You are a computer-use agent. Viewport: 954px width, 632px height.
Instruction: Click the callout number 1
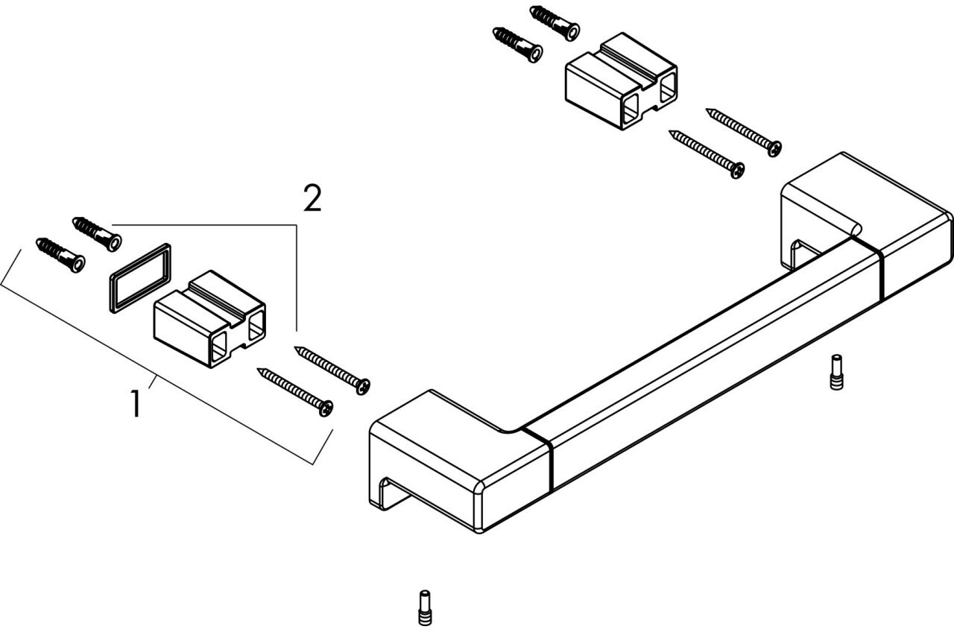tap(135, 403)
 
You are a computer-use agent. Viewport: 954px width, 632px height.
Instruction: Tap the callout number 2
tap(312, 199)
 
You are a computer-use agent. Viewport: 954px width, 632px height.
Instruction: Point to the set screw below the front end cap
tap(424, 607)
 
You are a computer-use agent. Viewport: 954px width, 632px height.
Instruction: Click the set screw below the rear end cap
tap(835, 371)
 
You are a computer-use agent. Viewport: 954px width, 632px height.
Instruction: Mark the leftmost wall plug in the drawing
tap(60, 253)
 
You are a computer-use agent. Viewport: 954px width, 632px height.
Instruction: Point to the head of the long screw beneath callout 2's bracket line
tap(364, 385)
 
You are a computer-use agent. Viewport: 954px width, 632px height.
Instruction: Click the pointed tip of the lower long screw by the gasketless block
tap(672, 133)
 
